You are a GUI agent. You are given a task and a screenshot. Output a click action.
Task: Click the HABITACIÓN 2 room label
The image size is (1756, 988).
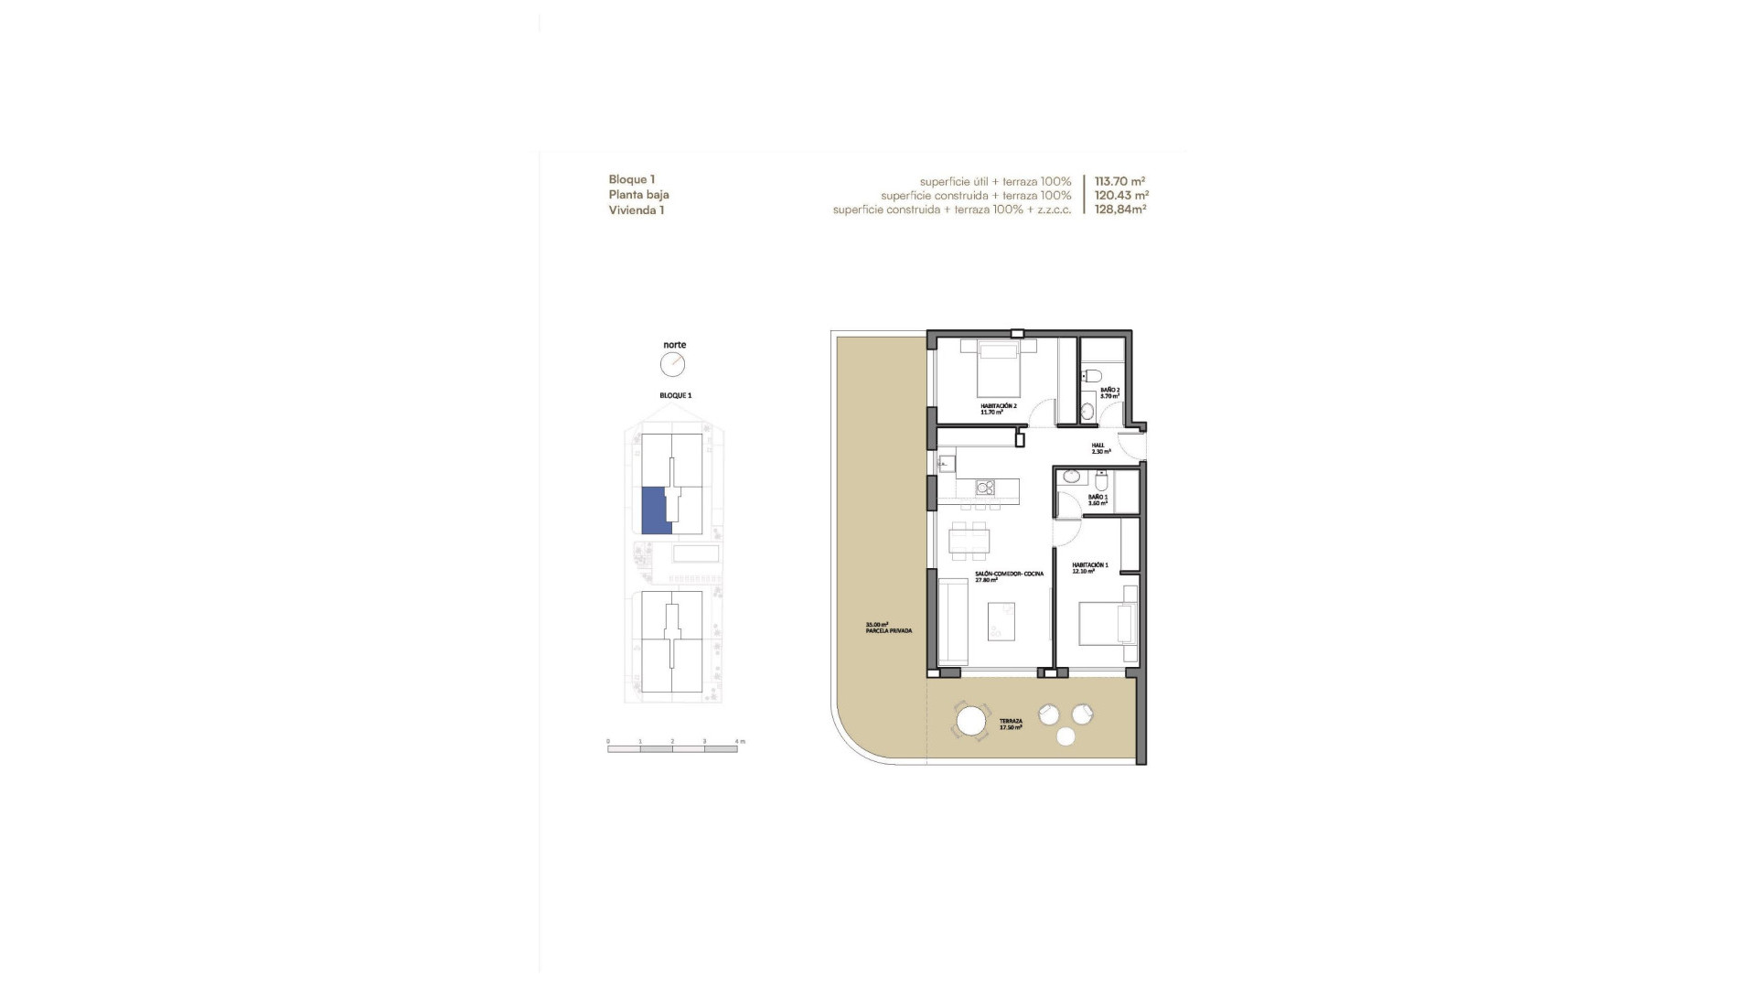(x=998, y=408)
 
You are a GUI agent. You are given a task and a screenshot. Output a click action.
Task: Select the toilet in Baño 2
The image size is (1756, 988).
(x=1091, y=376)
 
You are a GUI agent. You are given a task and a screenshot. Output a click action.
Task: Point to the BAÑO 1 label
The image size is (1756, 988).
(x=1097, y=499)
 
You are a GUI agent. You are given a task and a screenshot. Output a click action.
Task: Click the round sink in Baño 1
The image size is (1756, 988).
(x=1071, y=477)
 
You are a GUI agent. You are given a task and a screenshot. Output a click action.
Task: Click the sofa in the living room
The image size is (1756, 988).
(x=954, y=621)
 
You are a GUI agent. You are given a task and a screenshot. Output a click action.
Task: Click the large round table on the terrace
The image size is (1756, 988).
(x=971, y=721)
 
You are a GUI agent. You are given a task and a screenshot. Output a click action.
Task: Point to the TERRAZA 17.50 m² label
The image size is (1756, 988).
(x=1011, y=724)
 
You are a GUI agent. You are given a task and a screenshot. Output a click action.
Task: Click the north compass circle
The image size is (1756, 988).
(x=673, y=365)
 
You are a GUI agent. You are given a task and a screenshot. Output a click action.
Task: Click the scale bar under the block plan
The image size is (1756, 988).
(x=672, y=749)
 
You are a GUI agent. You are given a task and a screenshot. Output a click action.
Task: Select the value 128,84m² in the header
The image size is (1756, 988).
(x=1120, y=209)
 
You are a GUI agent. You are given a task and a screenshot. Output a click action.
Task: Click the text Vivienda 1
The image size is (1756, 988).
(x=636, y=210)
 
